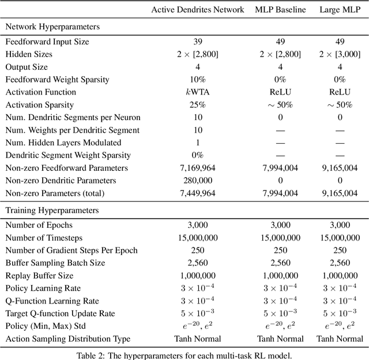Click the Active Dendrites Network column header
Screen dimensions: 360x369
198,9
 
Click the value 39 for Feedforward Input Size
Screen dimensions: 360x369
198,42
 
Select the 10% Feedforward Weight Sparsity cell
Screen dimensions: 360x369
198,80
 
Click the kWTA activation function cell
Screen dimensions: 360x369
198,92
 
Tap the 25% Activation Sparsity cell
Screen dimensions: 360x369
198,105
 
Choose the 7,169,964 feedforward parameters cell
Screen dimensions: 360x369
198,168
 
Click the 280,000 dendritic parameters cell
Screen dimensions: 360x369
198,181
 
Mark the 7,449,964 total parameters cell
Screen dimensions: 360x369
198,193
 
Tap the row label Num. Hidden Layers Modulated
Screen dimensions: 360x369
62,142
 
